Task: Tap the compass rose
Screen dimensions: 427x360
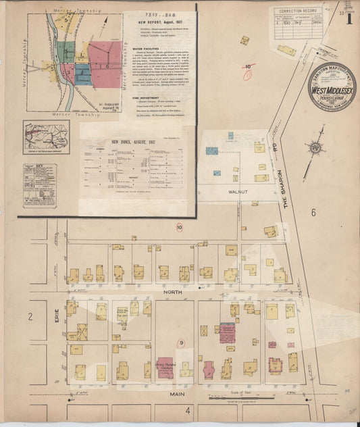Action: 315,147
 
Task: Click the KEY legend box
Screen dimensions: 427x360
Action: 39,186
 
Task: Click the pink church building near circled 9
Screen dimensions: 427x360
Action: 166,366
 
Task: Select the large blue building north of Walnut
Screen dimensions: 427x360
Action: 212,150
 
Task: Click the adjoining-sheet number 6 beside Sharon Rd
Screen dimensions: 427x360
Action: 313,212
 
